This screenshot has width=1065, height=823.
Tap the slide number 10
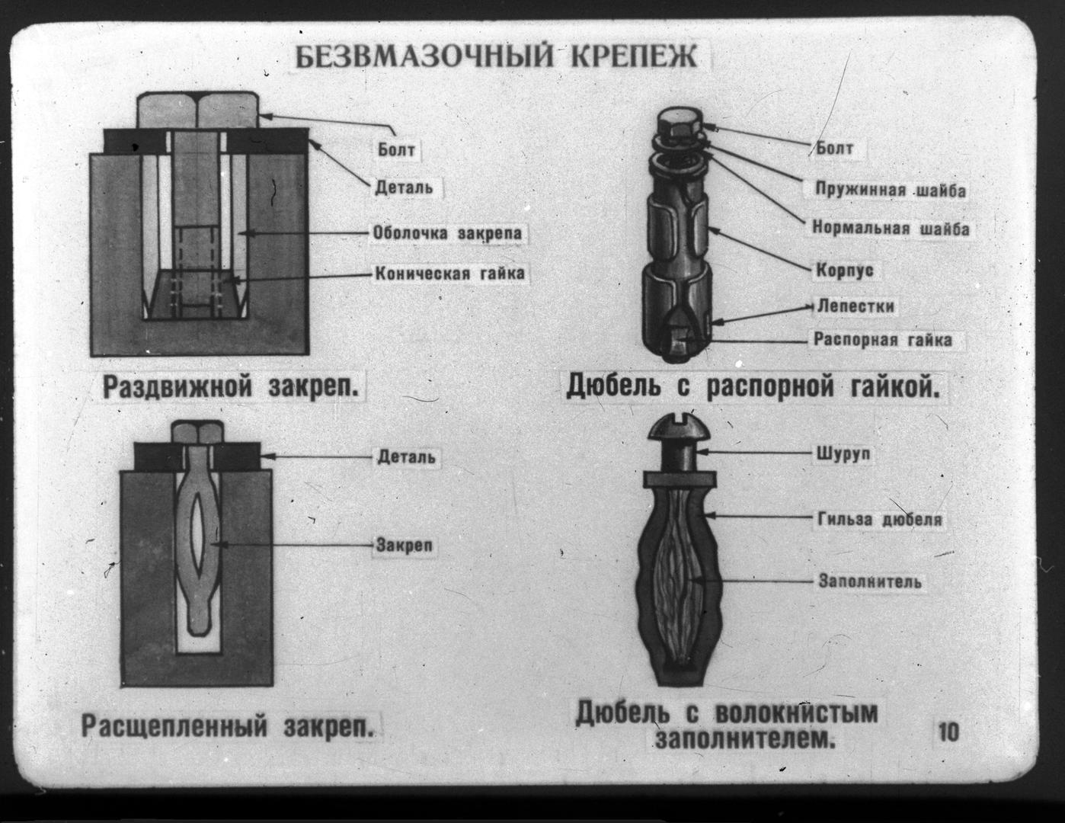[x=948, y=732]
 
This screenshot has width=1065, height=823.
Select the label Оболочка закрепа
[x=447, y=232]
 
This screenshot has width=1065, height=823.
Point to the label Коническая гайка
[x=449, y=273]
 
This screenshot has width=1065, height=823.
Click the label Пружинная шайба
[x=890, y=189]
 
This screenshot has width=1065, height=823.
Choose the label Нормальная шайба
[x=891, y=228]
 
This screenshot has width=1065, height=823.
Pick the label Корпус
[x=844, y=270]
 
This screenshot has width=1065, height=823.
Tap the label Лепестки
[x=855, y=306]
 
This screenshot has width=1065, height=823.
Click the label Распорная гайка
[x=882, y=339]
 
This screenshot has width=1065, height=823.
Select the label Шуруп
[x=843, y=454]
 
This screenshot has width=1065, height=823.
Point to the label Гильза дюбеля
[x=880, y=520]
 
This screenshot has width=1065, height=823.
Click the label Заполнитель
[x=869, y=581]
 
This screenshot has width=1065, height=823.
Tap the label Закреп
[x=404, y=546]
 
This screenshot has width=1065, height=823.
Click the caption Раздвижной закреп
[x=232, y=387]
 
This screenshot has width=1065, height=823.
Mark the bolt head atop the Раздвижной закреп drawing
[x=197, y=110]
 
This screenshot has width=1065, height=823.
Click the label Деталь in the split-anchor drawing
[x=406, y=456]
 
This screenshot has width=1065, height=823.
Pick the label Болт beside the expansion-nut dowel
[x=834, y=148]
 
